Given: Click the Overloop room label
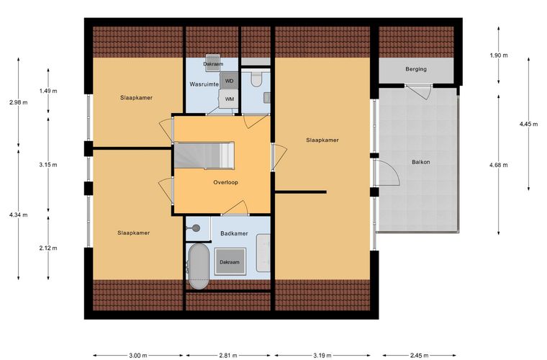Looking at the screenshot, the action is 226,182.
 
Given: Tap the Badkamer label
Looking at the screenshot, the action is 234,233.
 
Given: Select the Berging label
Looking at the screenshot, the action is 416,69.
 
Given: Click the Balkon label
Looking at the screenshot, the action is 421,162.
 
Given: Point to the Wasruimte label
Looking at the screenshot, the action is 204,84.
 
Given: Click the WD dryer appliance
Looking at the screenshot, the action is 229,81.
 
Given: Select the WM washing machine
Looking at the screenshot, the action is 229,99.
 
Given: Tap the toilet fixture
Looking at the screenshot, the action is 256,79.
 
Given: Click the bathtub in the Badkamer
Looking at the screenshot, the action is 199,266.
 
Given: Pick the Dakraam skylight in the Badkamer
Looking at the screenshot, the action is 230,261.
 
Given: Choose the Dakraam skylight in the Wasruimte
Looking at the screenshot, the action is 212,63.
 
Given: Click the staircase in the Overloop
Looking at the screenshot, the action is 204,156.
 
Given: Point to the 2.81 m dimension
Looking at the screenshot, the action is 228,356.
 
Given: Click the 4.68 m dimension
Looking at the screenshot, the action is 499,165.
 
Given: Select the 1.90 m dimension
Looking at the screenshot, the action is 499,55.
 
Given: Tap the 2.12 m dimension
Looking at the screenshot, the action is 48,248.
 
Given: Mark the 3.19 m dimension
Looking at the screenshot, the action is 322,356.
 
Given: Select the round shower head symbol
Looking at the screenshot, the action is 196,228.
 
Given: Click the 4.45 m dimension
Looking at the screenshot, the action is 528,124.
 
